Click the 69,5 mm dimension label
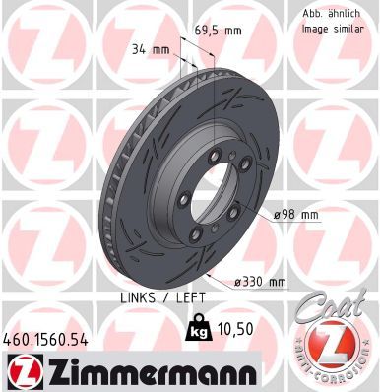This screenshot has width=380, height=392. [218, 31]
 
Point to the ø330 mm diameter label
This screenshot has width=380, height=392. [257, 282]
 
